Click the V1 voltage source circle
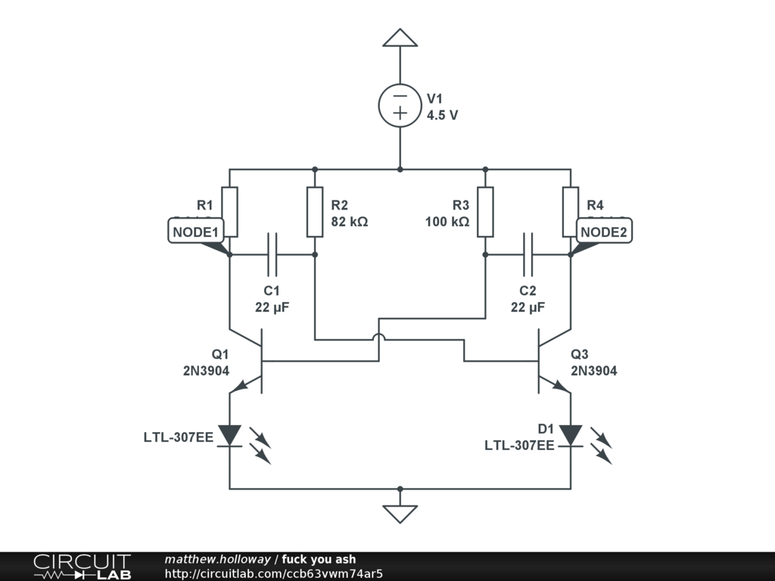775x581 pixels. tap(400, 105)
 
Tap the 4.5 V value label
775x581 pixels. tap(442, 116)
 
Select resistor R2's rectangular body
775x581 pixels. tap(314, 212)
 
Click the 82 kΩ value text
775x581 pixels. tap(350, 222)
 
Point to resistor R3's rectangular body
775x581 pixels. tap(485, 212)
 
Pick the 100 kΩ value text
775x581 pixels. tap(448, 222)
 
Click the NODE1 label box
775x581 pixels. tap(195, 232)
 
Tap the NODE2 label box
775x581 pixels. tap(604, 232)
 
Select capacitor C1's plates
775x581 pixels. tap(272, 255)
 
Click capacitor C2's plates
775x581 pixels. tap(528, 255)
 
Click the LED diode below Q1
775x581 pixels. tap(229, 436)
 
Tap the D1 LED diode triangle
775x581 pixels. tap(571, 436)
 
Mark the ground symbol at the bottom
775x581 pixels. tap(400, 514)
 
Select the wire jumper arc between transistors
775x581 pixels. tap(378, 338)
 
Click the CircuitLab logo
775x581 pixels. tap(82, 567)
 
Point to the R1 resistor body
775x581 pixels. tap(229, 212)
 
